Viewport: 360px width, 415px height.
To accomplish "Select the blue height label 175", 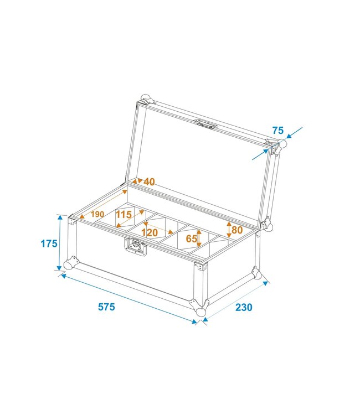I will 49,243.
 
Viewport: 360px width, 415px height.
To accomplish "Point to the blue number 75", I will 278,131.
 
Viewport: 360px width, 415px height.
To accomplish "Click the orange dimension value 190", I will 97,214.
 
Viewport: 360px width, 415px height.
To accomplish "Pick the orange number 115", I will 124,214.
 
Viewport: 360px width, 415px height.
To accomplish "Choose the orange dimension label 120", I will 150,233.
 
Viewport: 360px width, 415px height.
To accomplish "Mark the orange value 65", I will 192,240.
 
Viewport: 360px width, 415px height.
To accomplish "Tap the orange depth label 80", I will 237,229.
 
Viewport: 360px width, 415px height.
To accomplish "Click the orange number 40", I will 150,181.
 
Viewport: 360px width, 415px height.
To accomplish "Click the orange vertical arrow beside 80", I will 228,229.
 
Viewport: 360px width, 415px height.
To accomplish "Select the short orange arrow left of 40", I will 136,181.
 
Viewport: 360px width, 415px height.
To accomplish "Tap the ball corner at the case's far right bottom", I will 256,273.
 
